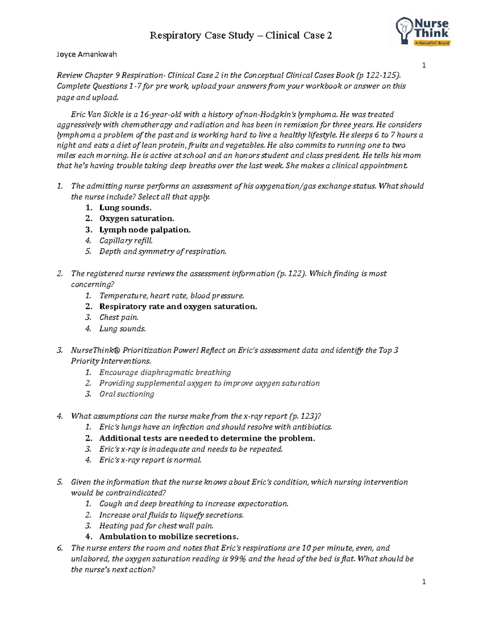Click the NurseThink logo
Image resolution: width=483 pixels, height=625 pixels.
coord(422,31)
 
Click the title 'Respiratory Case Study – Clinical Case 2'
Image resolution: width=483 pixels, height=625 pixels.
coord(241,36)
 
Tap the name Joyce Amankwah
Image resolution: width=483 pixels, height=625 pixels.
coord(87,54)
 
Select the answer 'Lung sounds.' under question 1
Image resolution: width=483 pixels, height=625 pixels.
coord(125,208)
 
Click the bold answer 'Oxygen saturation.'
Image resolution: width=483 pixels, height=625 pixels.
coord(136,219)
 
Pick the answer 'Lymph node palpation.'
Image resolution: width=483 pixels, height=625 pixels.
coord(144,230)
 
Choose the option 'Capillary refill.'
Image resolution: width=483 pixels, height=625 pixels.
coord(126,241)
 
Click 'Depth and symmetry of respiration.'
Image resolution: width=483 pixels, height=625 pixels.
coord(163,252)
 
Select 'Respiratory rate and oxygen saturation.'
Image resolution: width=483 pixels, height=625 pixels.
coord(178,307)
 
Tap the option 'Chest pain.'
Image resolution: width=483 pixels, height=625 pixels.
coord(119,318)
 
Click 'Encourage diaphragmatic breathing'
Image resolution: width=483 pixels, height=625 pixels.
coord(165,373)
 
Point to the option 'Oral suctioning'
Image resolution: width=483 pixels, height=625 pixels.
coord(126,394)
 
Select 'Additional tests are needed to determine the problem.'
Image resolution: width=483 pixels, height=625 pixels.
coord(207,438)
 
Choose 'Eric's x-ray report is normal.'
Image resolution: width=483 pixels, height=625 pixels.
coord(150,460)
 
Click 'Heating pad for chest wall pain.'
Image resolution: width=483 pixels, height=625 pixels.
coord(156,526)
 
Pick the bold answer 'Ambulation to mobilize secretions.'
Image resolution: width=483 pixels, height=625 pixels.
coord(169,537)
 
